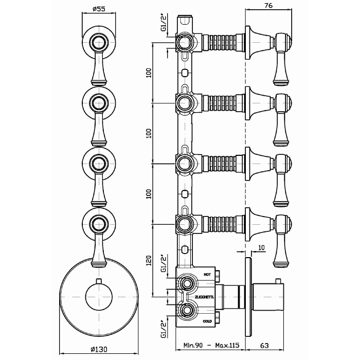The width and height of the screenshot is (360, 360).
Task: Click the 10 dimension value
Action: point(262,247)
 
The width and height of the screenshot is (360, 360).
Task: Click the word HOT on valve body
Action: point(207,275)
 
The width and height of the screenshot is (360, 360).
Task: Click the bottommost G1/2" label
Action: point(164,326)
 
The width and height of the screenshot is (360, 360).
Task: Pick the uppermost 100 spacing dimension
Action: point(149,73)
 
